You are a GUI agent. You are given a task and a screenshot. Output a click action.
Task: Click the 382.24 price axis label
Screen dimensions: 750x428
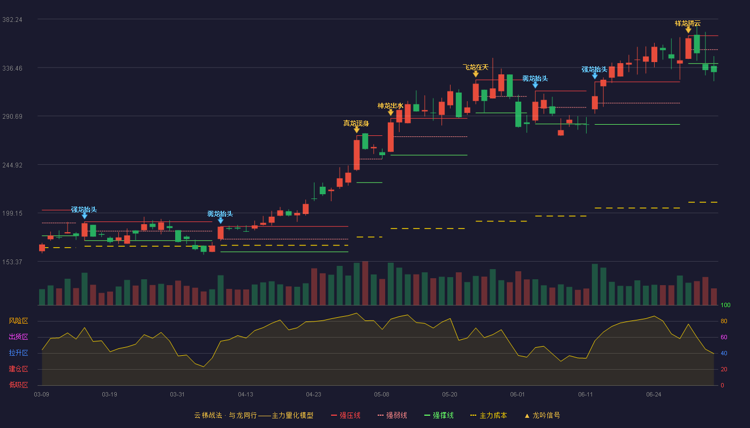(12, 20)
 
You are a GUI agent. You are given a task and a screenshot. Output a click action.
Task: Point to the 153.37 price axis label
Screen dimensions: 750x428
(12, 262)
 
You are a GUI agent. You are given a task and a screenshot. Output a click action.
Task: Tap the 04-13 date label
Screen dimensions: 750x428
(245, 395)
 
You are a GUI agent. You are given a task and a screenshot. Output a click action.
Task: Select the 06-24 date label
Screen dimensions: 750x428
(654, 395)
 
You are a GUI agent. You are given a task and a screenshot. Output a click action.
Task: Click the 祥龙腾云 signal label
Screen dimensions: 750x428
(688, 24)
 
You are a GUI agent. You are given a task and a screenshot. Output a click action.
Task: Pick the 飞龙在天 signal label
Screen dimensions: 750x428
(476, 67)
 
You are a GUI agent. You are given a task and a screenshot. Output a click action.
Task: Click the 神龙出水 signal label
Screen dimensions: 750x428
(391, 106)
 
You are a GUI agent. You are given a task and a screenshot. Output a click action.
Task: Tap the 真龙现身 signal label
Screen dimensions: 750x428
(356, 123)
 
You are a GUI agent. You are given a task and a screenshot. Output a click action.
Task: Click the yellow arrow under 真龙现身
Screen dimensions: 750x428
(357, 129)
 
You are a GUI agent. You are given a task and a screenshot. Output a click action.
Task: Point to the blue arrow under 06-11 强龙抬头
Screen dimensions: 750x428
(595, 76)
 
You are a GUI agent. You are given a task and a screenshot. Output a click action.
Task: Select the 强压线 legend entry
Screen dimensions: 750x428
(346, 415)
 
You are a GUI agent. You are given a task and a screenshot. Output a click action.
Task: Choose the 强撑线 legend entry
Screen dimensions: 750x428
(439, 415)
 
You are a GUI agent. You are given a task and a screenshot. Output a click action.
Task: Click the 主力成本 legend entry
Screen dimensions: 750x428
(489, 415)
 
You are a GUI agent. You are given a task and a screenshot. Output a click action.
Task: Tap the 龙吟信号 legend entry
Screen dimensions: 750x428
(542, 415)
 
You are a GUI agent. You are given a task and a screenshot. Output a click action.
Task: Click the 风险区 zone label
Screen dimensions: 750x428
(18, 321)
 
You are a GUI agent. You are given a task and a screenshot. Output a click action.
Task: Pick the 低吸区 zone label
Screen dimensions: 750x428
(18, 385)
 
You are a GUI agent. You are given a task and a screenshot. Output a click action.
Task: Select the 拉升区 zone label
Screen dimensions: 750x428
(18, 353)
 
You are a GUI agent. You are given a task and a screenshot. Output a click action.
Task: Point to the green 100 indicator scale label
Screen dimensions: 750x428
(725, 305)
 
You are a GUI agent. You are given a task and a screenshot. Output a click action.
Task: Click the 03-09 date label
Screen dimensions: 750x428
(42, 395)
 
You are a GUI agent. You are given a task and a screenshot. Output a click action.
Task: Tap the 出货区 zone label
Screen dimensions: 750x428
(18, 337)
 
